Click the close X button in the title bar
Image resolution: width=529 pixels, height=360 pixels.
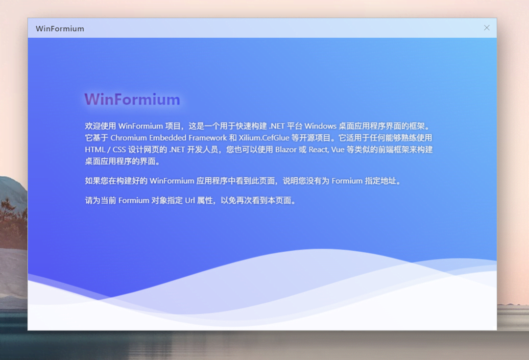point(486,27)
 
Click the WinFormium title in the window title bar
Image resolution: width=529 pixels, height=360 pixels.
point(60,29)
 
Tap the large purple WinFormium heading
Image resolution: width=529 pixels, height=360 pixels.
point(132,99)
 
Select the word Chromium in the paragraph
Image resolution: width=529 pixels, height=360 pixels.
point(128,138)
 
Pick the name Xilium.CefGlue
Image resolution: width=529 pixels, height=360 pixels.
point(264,138)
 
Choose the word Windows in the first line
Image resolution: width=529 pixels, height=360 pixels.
point(320,126)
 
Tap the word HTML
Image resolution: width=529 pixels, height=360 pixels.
point(95,150)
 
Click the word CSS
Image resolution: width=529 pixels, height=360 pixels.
point(119,150)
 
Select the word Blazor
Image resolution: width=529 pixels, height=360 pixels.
point(286,150)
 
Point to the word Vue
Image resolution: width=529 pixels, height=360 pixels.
point(337,150)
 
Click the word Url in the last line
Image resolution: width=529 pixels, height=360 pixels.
point(190,201)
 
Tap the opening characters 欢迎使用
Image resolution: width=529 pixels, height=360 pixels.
point(100,126)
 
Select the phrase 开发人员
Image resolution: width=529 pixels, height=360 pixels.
point(202,150)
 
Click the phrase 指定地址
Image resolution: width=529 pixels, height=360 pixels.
point(380,181)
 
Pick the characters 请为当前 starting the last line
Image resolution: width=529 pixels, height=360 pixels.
point(100,201)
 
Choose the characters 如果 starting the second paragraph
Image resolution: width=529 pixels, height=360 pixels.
point(93,181)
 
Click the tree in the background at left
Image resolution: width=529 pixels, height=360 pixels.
point(10,216)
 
